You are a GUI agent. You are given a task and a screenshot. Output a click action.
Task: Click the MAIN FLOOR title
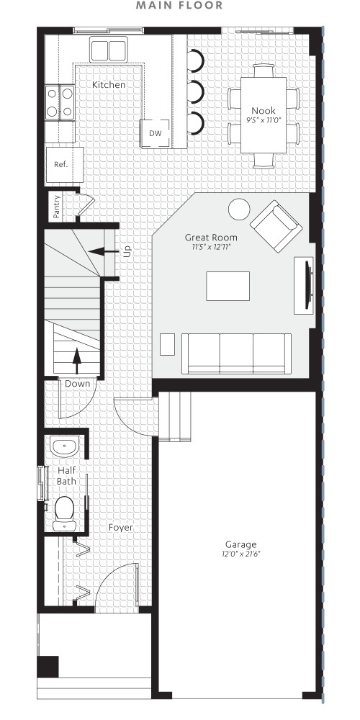click(180, 6)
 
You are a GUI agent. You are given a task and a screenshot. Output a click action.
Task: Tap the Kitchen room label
click(109, 85)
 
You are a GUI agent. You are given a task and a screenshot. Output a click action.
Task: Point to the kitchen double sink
click(109, 50)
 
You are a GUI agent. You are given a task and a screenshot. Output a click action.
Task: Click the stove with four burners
click(59, 102)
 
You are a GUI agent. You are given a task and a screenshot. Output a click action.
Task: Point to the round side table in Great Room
click(238, 210)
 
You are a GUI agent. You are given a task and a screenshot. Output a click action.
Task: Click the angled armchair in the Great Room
click(276, 225)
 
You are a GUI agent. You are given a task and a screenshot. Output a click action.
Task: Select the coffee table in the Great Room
click(228, 285)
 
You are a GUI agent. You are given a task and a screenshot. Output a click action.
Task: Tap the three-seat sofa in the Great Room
click(236, 353)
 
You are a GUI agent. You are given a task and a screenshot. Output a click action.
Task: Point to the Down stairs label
click(78, 384)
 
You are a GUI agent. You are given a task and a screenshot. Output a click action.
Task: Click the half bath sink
click(65, 446)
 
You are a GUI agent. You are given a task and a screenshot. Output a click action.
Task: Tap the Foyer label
click(120, 527)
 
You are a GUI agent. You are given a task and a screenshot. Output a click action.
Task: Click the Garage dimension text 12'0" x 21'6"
click(240, 554)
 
